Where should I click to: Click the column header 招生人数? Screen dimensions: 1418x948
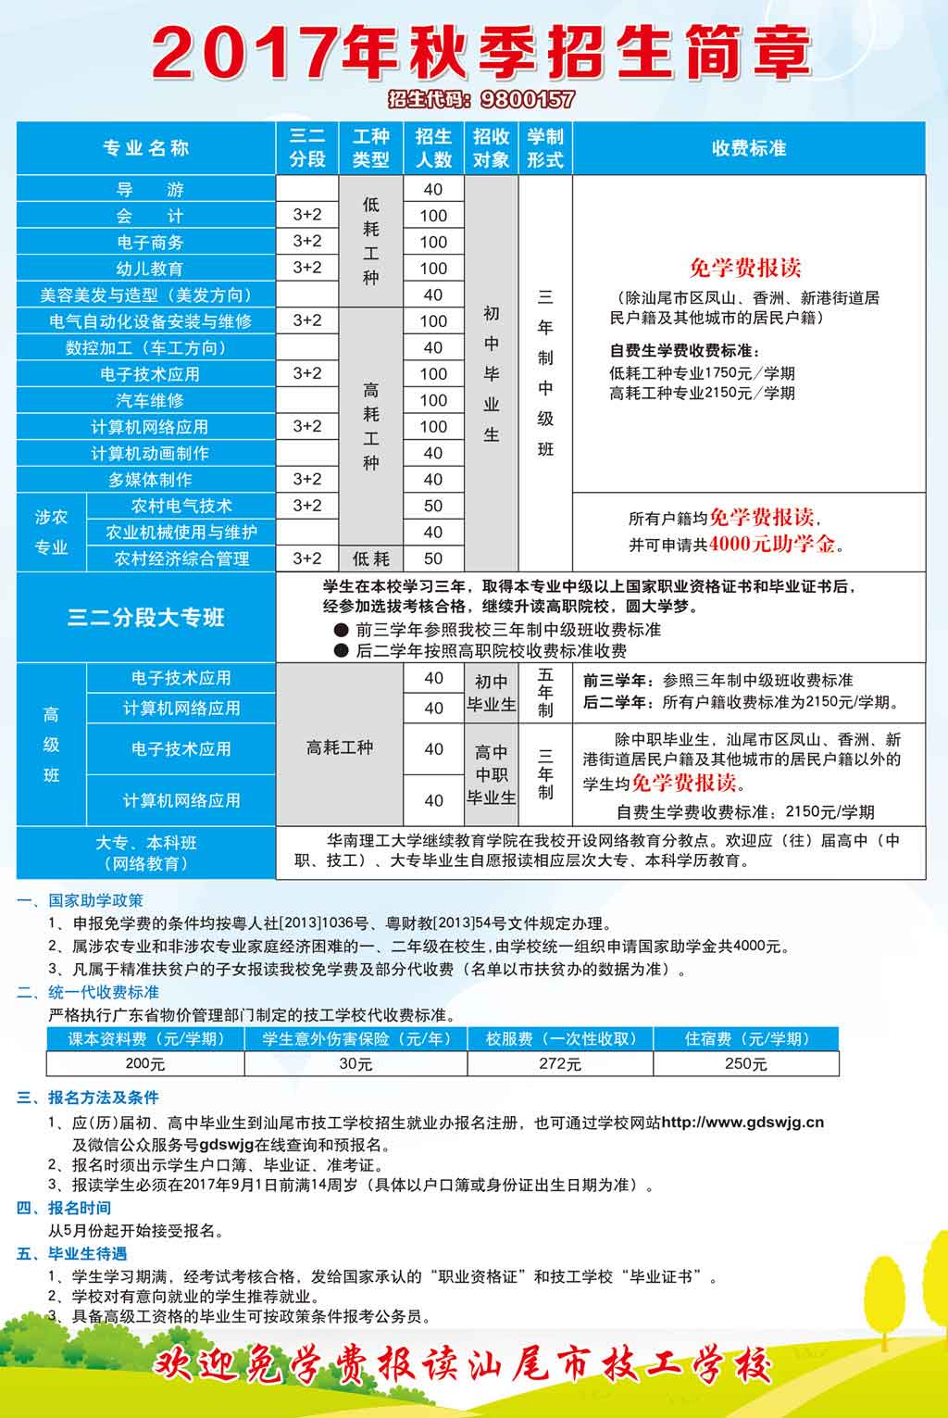coord(433,148)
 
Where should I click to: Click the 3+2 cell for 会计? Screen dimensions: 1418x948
coord(307,215)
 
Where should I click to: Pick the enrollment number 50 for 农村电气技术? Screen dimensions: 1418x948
coord(433,506)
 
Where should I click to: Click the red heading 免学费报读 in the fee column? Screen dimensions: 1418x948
coord(745,269)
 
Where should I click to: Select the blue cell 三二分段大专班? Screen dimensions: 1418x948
coord(145,618)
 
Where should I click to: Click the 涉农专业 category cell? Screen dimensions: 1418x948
coord(52,533)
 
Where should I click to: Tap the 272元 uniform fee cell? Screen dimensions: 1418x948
coord(559,1064)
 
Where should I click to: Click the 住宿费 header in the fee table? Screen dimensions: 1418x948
coord(746,1039)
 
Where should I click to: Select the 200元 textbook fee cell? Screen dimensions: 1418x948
coord(145,1064)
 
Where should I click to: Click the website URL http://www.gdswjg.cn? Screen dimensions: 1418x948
coord(742,1123)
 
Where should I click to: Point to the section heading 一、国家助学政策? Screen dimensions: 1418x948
coord(81,900)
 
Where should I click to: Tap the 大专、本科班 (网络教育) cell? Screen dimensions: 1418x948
coord(146,853)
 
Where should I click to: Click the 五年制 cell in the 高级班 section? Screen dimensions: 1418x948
coord(545,693)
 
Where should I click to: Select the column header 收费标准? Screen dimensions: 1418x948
coord(748,148)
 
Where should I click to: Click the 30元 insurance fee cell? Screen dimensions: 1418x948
coord(355,1064)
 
